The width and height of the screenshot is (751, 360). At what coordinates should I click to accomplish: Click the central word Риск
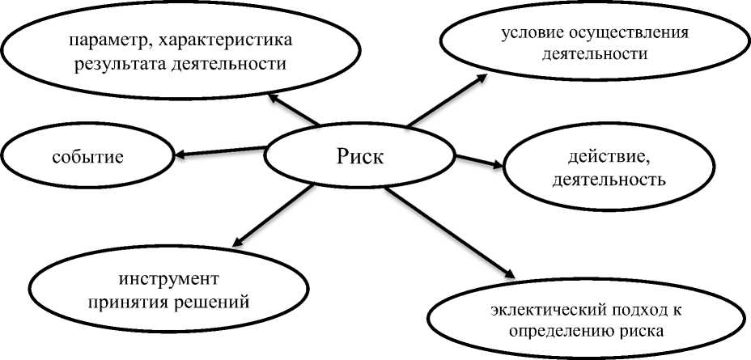tap(359, 156)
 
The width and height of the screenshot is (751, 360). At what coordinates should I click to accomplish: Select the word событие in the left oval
tap(89, 156)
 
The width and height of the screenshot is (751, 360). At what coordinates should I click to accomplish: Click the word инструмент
tap(168, 280)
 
